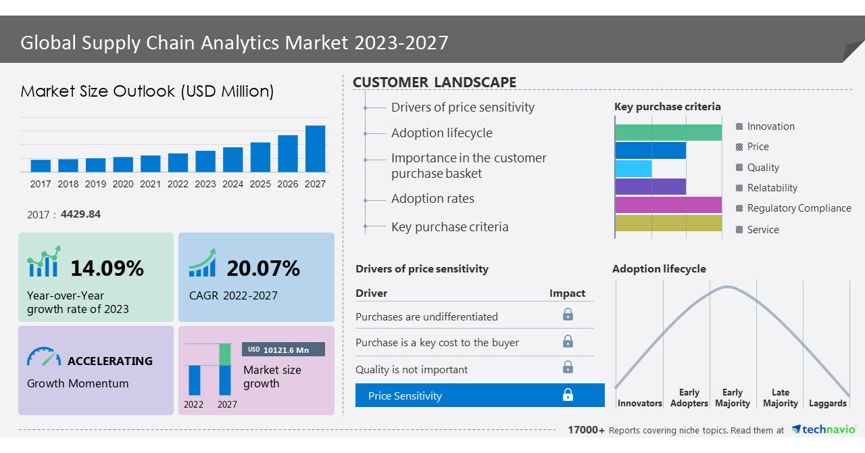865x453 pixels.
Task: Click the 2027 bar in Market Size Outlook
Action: pos(315,149)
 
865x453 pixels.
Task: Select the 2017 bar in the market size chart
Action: pos(41,166)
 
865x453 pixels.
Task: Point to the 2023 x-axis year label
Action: pos(205,184)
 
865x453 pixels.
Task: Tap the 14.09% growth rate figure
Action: pos(107,268)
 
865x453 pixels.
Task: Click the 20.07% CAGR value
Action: pos(263,268)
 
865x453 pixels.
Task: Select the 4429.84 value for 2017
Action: pos(80,214)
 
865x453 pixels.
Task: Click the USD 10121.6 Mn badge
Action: pos(283,350)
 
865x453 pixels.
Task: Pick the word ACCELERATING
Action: pos(110,361)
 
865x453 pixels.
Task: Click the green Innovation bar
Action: pos(668,133)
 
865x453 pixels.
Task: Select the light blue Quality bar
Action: pos(633,168)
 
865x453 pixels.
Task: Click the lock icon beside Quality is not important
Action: pos(568,367)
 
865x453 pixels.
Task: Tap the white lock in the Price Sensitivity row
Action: pos(568,395)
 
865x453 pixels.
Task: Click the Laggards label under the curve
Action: pos(827,404)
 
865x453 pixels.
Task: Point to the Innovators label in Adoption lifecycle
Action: pos(639,404)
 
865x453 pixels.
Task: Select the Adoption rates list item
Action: pos(432,199)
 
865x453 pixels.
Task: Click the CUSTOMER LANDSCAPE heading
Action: pos(435,82)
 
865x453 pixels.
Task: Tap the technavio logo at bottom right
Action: pos(823,429)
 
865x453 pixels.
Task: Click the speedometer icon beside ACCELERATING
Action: pos(44,357)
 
